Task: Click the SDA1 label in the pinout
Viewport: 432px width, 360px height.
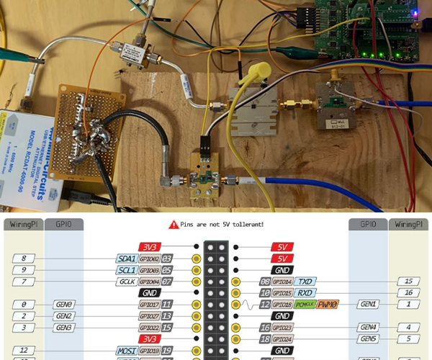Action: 127,258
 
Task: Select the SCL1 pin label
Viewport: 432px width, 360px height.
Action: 127,270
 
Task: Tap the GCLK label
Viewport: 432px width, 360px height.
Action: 127,282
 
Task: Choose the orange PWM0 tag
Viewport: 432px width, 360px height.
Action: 328,305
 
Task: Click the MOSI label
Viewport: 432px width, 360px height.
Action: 127,351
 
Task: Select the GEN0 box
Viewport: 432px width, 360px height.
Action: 64,305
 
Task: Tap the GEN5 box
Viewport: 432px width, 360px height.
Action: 369,339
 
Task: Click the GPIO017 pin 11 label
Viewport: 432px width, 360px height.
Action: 156,305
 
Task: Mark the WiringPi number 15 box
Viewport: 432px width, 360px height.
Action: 409,282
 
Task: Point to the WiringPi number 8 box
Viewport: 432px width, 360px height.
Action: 24,258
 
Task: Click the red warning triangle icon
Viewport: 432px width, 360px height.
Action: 173,225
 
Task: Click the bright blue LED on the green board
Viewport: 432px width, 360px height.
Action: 415,12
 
